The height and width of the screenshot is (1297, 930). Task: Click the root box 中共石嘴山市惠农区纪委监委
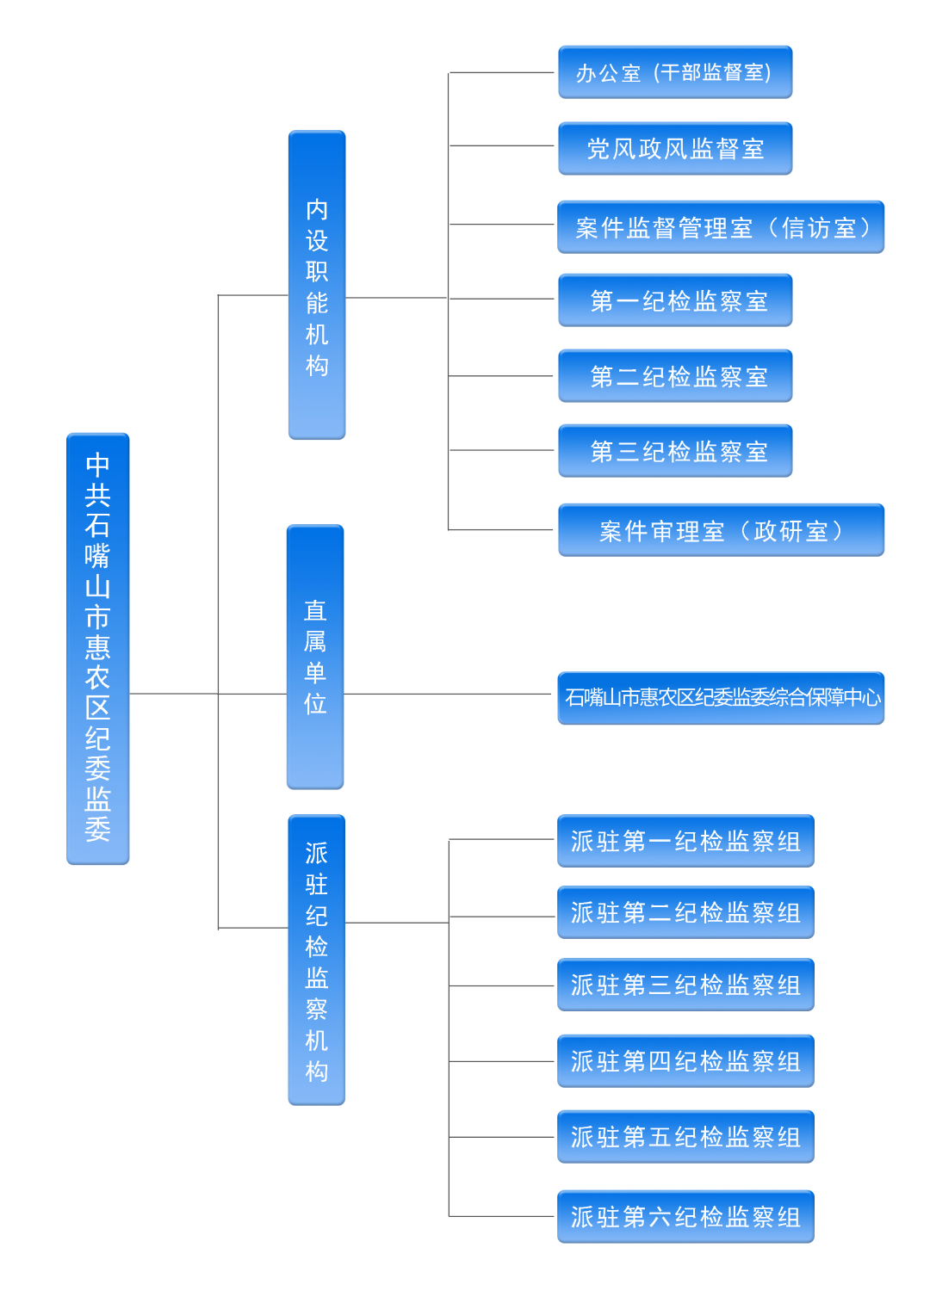point(97,648)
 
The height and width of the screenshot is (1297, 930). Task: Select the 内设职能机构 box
point(317,285)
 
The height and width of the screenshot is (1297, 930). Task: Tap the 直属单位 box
point(315,657)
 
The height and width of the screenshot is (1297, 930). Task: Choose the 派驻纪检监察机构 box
point(316,960)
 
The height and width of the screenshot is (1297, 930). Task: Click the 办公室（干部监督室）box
point(675,72)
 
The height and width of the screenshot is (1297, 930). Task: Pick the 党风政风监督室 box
point(675,149)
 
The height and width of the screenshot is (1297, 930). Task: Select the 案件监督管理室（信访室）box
point(721,227)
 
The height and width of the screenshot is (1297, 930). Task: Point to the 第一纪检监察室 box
point(675,300)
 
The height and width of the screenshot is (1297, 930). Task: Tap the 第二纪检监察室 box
point(675,376)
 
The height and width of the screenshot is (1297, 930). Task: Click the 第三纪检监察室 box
point(675,451)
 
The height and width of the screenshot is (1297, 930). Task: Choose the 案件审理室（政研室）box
point(721,530)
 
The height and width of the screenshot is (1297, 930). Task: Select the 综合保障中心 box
point(721,698)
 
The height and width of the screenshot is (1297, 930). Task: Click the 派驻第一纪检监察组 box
point(685,841)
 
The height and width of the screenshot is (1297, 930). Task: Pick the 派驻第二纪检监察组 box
point(685,912)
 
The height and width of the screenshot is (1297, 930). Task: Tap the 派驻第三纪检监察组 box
point(685,985)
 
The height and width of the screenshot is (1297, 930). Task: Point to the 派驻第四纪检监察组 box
point(685,1061)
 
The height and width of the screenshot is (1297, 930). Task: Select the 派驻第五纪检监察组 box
point(685,1137)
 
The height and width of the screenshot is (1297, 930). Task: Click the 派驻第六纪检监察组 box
point(685,1217)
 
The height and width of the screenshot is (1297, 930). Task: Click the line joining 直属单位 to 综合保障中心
point(448,694)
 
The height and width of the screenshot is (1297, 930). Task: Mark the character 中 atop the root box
point(97,465)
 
